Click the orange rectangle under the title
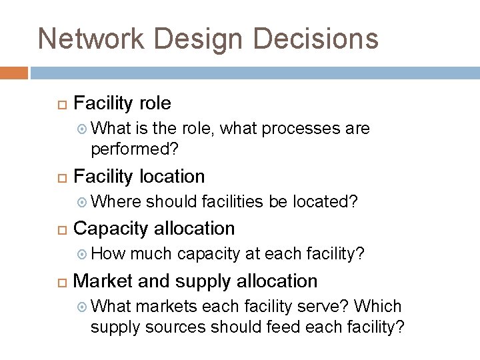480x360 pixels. click(14, 73)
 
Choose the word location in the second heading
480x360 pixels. click(171, 177)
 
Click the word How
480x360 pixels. click(107, 253)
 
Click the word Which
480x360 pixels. click(378, 306)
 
